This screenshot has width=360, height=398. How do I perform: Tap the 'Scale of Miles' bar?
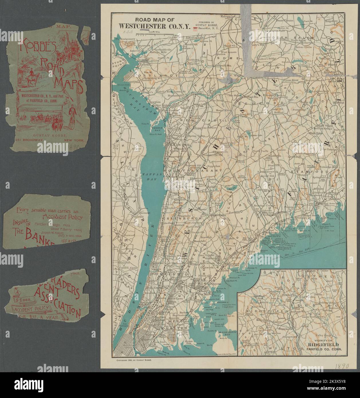[x=155, y=34]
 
